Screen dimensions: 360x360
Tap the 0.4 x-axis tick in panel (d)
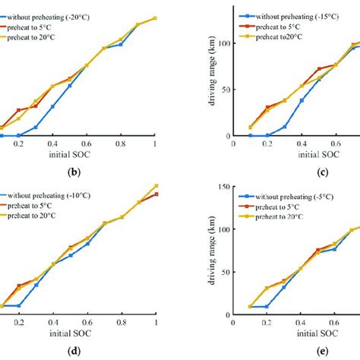[52, 322]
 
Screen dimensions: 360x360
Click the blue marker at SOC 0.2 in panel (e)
[267, 306]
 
